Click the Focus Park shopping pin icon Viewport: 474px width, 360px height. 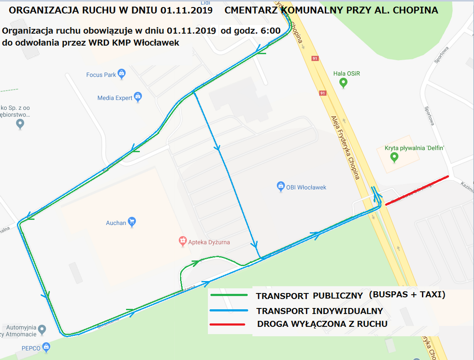(121, 74)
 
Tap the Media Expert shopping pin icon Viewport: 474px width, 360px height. (138, 97)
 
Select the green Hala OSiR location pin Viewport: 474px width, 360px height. (343, 83)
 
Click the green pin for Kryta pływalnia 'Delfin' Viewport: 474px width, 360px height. (394, 157)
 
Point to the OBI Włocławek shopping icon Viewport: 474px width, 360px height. (281, 187)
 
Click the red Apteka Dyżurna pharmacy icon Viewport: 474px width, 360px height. (182, 241)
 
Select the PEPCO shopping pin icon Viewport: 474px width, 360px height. (46, 346)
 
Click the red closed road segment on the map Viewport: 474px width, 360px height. (417, 190)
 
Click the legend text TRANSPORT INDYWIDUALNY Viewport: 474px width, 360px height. (319, 311)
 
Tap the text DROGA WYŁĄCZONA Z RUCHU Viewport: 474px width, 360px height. (322, 324)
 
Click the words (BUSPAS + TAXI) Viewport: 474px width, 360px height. (407, 295)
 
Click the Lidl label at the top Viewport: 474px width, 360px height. (205, 3)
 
